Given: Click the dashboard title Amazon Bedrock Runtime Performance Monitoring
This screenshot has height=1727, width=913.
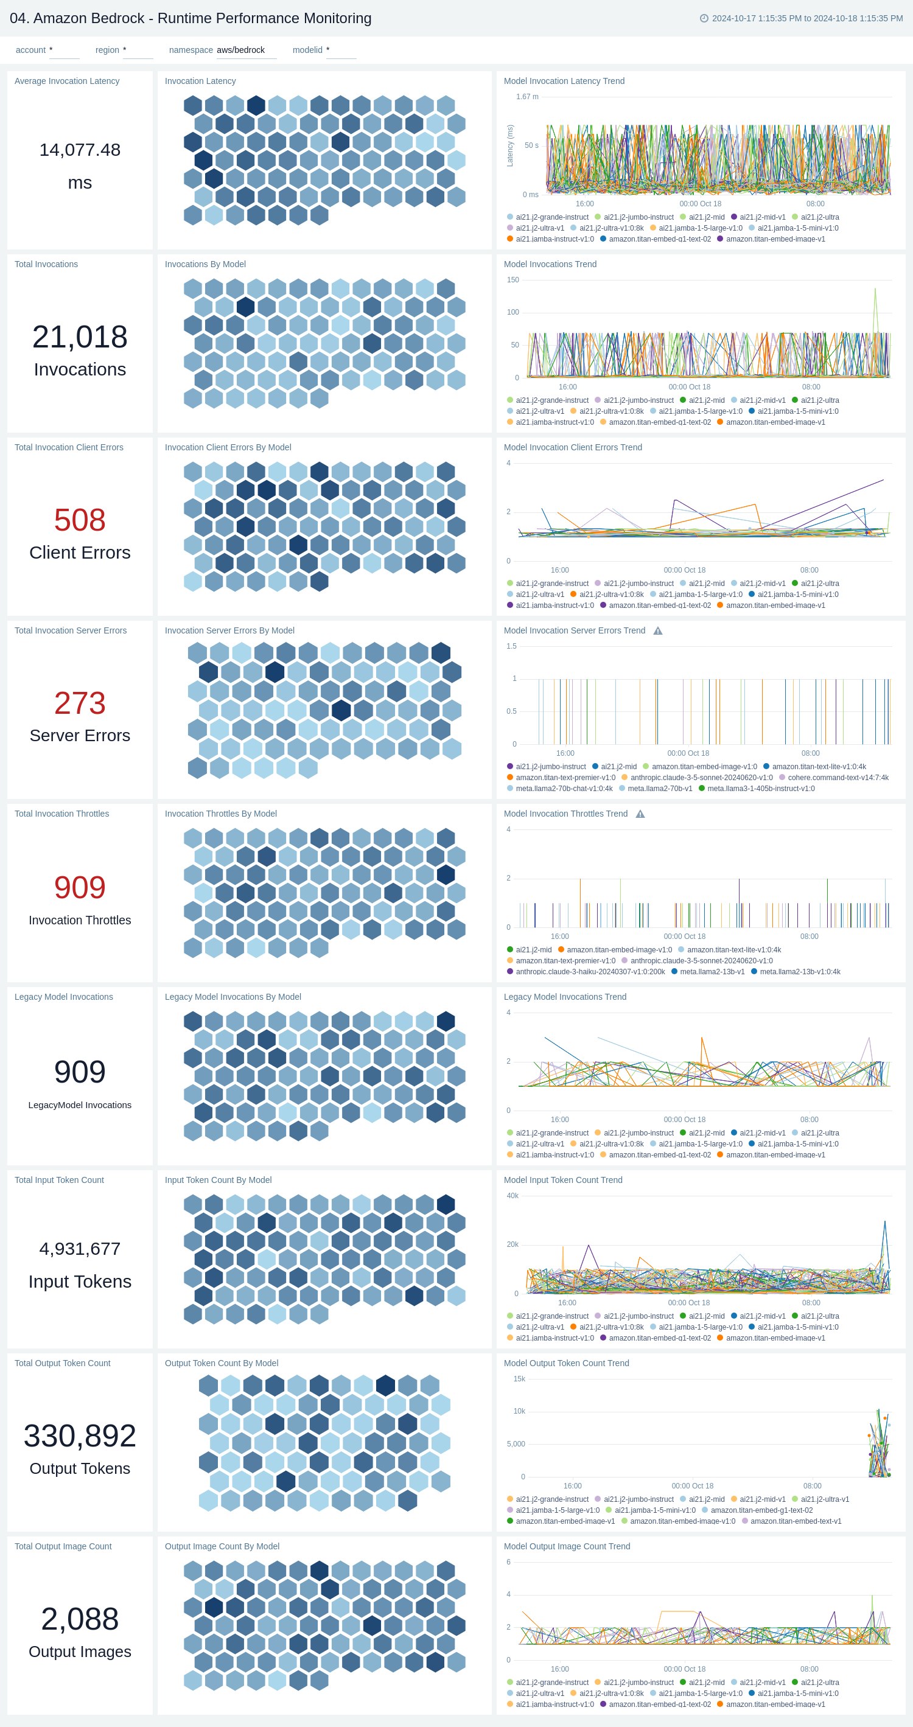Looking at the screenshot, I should point(191,18).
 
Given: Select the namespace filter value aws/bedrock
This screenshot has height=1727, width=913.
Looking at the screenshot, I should point(240,51).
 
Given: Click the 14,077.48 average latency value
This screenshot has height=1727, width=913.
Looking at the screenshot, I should point(80,150).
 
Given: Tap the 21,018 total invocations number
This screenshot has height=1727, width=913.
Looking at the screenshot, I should point(80,337).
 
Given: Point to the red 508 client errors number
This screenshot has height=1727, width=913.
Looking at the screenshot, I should point(80,520).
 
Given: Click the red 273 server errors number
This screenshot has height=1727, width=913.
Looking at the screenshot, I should point(80,703).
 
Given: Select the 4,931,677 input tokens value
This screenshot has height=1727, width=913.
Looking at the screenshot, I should point(80,1248).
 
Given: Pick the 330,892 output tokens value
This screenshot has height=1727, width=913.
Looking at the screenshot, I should point(80,1436).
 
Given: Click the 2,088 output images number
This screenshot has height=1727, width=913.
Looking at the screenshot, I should point(80,1619).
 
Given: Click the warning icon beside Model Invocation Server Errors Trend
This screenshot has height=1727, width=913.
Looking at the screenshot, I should point(657,631).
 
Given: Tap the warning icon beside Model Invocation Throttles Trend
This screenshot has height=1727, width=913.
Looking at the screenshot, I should point(640,814).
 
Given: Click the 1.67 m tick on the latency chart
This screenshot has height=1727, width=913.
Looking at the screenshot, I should point(527,97).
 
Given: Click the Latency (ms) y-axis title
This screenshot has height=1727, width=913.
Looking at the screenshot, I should point(510,145).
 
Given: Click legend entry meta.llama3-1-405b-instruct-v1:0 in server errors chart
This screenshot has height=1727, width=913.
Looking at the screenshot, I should point(761,789).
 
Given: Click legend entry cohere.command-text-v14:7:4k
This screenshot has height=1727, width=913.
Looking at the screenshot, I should point(838,778).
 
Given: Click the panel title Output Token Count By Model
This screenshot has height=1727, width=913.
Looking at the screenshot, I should point(221,1363).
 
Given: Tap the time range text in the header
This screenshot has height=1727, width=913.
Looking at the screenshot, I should point(806,18).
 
